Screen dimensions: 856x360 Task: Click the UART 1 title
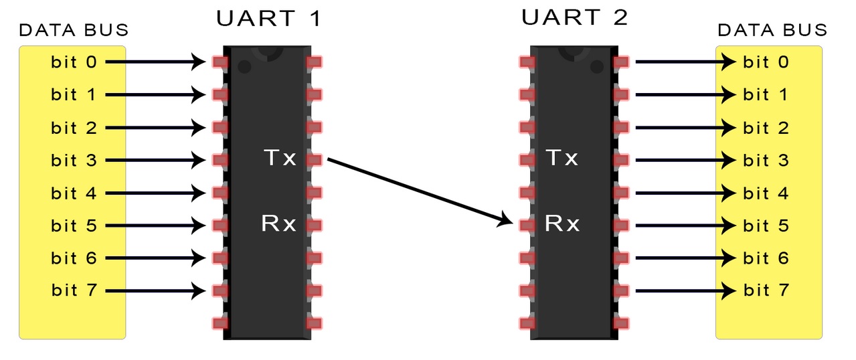click(269, 18)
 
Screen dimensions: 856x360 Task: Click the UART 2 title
click(574, 17)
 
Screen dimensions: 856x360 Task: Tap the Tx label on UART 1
click(280, 157)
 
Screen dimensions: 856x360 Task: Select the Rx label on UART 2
click(562, 223)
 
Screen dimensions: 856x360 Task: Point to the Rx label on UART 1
click(278, 223)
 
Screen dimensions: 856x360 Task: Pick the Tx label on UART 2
click(562, 157)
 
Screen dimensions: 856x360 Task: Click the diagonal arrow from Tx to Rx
click(420, 192)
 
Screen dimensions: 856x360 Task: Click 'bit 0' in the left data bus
click(74, 62)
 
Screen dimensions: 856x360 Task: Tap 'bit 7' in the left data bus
click(74, 290)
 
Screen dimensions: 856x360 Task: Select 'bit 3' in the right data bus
click(766, 160)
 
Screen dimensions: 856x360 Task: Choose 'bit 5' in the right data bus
click(766, 226)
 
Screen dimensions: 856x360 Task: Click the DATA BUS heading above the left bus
click(74, 30)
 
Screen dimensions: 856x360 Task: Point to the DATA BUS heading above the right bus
click(772, 30)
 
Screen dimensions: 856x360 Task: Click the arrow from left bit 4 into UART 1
click(155, 193)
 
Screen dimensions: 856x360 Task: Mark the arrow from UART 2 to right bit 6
click(685, 258)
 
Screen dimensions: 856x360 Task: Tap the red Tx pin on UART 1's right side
click(314, 160)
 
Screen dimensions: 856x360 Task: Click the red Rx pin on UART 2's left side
click(527, 226)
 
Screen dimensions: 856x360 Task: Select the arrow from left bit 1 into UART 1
click(155, 95)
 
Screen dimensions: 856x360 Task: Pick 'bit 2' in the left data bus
click(74, 128)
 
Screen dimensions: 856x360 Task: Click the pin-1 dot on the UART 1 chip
click(244, 68)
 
